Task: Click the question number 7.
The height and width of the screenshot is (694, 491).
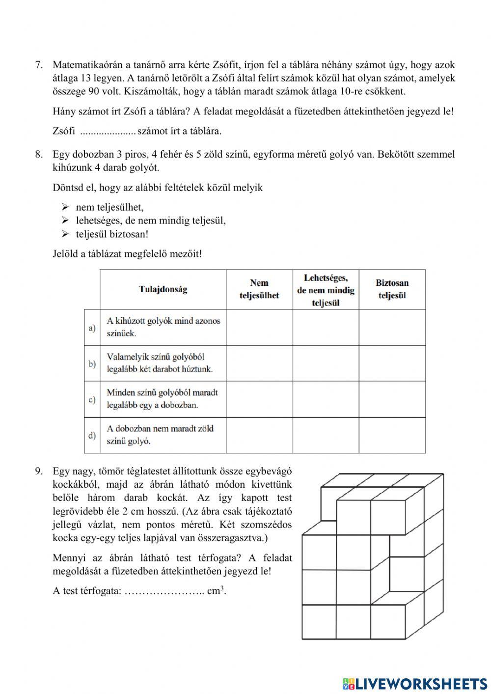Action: coord(39,65)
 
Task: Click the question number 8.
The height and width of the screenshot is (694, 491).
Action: coord(39,155)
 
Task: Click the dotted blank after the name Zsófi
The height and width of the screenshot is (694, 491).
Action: coord(108,132)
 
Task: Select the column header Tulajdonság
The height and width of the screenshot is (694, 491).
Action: coord(163,289)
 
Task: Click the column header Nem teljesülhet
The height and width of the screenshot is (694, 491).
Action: coord(259,289)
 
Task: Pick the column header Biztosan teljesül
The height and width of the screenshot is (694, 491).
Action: coord(392,289)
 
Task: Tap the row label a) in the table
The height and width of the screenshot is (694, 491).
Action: coord(92,328)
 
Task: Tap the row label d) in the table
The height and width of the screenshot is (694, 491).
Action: coord(92,435)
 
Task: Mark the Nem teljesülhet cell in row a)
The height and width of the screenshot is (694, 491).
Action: coord(259,328)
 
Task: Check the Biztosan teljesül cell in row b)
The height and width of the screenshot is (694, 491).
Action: coord(392,363)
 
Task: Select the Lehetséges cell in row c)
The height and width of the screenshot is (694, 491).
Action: coord(326,399)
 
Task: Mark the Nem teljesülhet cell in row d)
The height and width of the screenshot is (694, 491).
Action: coord(259,435)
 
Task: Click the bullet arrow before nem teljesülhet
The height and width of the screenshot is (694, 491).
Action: coord(64,207)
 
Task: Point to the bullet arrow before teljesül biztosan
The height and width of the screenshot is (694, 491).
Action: coord(64,234)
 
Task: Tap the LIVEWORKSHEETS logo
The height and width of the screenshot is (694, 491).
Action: coord(415,683)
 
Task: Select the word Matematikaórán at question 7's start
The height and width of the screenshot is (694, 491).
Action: coord(85,65)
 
